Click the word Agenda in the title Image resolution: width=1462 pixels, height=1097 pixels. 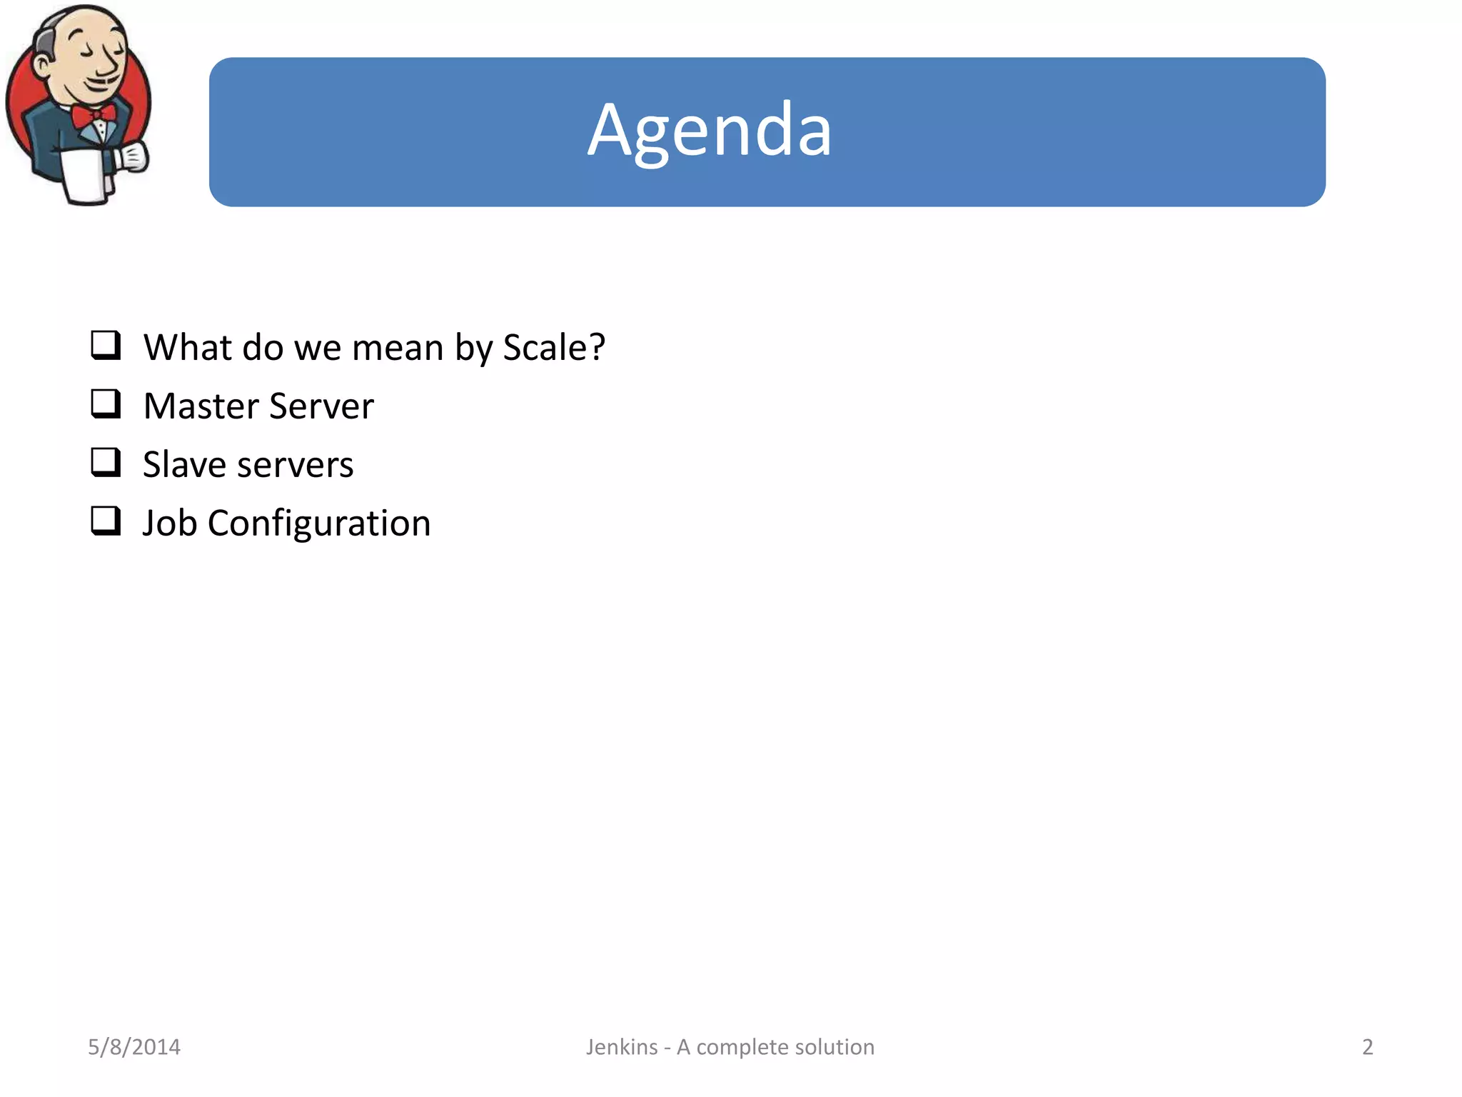[x=710, y=131]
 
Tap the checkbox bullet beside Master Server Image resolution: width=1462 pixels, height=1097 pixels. [x=106, y=404]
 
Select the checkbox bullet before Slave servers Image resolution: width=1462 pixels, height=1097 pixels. [x=106, y=462]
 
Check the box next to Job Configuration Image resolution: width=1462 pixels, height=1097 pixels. [x=106, y=521]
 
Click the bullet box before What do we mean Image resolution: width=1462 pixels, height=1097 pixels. [x=106, y=345]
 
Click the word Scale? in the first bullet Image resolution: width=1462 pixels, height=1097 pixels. [x=554, y=348]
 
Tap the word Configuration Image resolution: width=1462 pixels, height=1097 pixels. [x=319, y=524]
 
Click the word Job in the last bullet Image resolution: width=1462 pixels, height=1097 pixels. [x=169, y=524]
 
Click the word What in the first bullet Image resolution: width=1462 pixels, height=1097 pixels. [x=188, y=348]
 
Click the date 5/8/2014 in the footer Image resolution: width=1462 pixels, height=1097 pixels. [x=134, y=1047]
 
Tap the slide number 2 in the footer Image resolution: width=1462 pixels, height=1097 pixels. [x=1367, y=1047]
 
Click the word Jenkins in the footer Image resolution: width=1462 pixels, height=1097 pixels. [x=622, y=1047]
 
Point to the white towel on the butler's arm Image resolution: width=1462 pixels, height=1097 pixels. [x=84, y=175]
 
